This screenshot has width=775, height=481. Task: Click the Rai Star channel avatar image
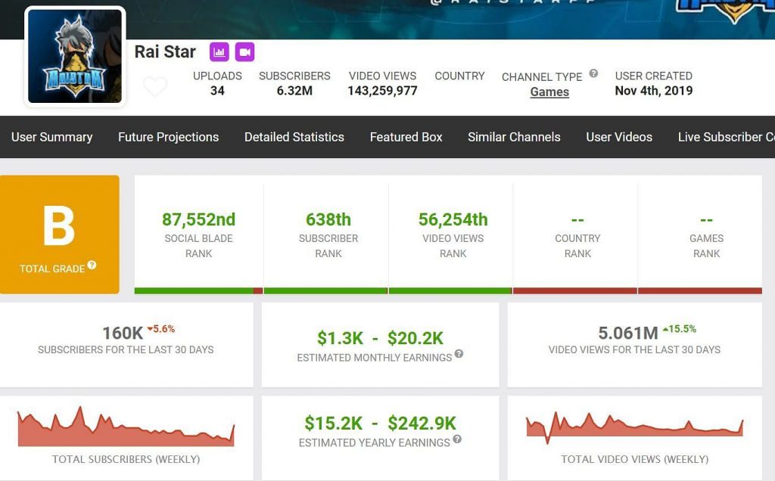coord(75,56)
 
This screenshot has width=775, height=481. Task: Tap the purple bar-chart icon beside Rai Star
coord(219,52)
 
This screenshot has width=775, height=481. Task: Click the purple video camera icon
coord(244,52)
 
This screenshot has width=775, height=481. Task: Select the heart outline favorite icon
coord(155,87)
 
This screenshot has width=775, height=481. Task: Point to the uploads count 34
coord(217,91)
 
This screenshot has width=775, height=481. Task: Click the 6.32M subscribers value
coord(294,91)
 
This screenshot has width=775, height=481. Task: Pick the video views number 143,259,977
coord(382,91)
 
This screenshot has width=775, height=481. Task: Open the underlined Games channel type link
coord(549,92)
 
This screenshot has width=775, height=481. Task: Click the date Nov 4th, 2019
coord(653,91)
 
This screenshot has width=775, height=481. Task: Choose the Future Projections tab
coord(168,137)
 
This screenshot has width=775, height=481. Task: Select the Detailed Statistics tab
coord(294,137)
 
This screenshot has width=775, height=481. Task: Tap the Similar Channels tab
coord(514,137)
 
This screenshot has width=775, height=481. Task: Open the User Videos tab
coord(618,137)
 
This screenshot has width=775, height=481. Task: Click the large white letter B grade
coord(59,226)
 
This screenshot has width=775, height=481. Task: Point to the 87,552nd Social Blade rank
coord(198,219)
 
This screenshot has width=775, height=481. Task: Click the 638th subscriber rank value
coord(328,219)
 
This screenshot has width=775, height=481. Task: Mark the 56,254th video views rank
coord(453,219)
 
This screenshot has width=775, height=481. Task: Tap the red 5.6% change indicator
coord(161,329)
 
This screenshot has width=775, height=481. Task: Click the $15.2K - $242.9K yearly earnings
coord(380,423)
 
